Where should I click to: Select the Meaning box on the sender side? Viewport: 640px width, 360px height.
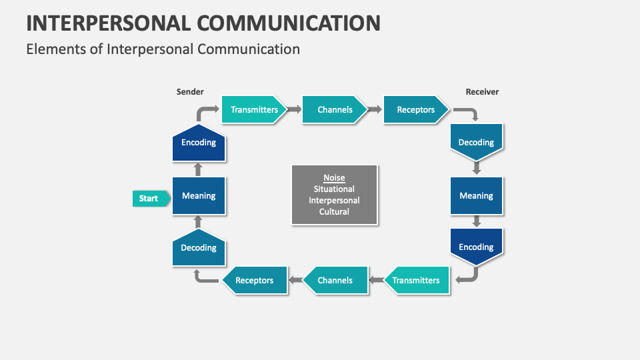click(x=199, y=196)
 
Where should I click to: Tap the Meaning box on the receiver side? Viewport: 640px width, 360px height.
click(x=476, y=196)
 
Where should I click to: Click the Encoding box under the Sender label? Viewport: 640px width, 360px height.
click(x=199, y=143)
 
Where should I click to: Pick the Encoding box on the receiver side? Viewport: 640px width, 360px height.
click(x=476, y=247)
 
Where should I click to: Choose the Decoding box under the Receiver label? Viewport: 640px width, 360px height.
click(x=476, y=142)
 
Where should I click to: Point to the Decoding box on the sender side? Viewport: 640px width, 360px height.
click(x=199, y=247)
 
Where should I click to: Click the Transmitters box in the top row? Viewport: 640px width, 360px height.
click(x=253, y=109)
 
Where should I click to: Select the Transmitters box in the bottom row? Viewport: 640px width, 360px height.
click(x=416, y=280)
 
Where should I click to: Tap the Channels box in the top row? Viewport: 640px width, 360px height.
click(x=335, y=109)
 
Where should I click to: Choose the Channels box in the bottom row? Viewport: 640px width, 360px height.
click(x=335, y=280)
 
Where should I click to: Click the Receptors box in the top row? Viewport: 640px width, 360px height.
click(x=415, y=109)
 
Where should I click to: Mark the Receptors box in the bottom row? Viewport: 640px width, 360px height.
click(x=255, y=280)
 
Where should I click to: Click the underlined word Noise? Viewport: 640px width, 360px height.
click(x=334, y=178)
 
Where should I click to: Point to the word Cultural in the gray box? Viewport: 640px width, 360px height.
click(x=334, y=212)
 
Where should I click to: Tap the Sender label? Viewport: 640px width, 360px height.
click(x=190, y=92)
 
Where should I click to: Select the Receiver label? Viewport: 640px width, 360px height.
click(x=482, y=92)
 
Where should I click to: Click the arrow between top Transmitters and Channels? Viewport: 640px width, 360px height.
click(x=295, y=109)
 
